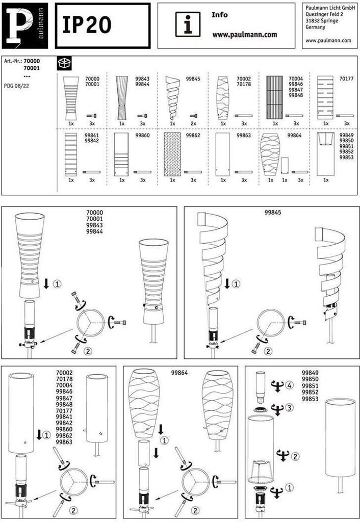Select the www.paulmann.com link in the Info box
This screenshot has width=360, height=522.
pyautogui.click(x=244, y=35)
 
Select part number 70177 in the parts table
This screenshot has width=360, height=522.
pyautogui.click(x=346, y=79)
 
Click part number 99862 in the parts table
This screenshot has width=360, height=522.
pyautogui.click(x=193, y=136)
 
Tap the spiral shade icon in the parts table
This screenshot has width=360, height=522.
pyautogui.click(x=173, y=97)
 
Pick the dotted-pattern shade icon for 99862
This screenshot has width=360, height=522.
pyautogui.click(x=172, y=154)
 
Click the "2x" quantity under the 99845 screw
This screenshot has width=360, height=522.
pyautogui.click(x=193, y=123)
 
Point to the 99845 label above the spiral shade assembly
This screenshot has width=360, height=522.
pyautogui.click(x=273, y=212)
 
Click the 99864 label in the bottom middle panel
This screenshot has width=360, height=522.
pyautogui.click(x=179, y=373)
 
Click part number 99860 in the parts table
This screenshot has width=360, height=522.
pyautogui.click(x=143, y=136)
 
